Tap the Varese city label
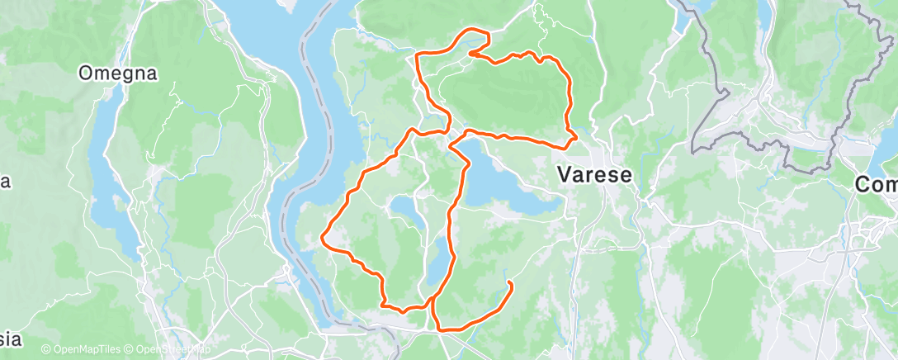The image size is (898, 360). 594,175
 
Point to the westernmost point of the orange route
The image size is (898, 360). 323,239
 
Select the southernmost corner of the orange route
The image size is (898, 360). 441,330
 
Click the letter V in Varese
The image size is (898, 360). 565,175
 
